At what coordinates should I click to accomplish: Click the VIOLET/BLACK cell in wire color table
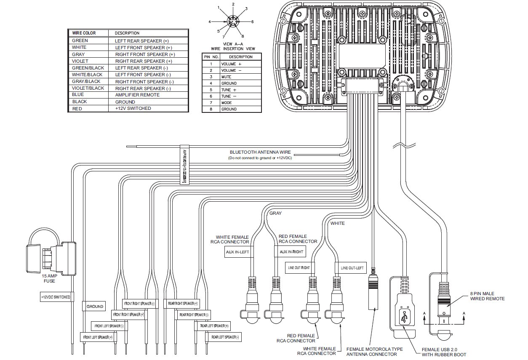coord(88,88)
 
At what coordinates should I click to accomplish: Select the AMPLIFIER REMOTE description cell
coord(137,95)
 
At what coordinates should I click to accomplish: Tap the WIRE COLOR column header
coord(84,33)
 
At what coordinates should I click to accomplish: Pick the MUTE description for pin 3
coord(226,77)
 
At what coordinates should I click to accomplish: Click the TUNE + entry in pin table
coord(229,90)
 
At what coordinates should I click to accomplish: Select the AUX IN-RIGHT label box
coord(291,252)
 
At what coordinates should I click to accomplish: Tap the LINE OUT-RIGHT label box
coord(299,268)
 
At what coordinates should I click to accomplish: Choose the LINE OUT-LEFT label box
coord(352,268)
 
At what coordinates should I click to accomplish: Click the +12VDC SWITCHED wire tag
coord(56,297)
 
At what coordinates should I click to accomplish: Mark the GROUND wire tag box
coord(95,307)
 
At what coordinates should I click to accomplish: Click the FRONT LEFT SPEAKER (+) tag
coord(98,337)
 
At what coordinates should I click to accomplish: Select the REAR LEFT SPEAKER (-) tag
coord(225,337)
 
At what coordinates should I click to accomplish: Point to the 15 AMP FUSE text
coord(49,278)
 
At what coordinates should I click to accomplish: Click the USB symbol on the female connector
coord(405,317)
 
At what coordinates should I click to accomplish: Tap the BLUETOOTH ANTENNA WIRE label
coord(260,152)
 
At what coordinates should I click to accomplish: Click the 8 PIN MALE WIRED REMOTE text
coord(487,296)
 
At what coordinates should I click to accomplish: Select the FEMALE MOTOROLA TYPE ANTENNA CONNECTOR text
coord(374,352)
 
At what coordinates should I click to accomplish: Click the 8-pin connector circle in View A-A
coord(233,21)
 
